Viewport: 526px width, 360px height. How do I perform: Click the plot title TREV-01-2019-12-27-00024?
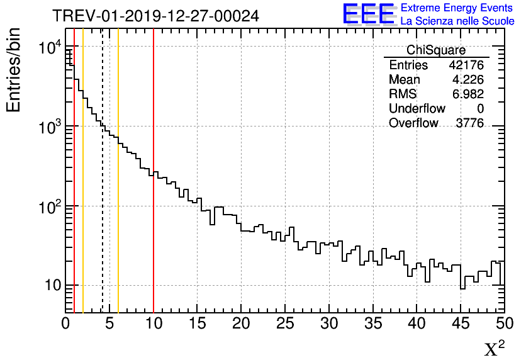coord(155,16)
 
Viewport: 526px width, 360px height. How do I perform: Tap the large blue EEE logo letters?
coord(369,14)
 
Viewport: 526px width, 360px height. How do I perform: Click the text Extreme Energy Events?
coord(457,8)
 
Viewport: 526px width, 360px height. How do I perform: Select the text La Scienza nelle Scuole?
coord(457,21)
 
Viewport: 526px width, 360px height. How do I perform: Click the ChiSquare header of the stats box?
coord(436,50)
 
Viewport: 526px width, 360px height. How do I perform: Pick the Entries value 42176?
coord(466,65)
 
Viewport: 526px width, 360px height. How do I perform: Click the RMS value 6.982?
coord(467,94)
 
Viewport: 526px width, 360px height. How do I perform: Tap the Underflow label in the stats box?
coord(417,109)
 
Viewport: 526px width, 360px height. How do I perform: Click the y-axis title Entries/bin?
coord(14,70)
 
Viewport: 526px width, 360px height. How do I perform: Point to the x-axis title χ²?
coord(494,349)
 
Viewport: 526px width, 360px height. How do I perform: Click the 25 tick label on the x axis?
coord(285,324)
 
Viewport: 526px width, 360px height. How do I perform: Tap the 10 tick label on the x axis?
coord(154,324)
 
